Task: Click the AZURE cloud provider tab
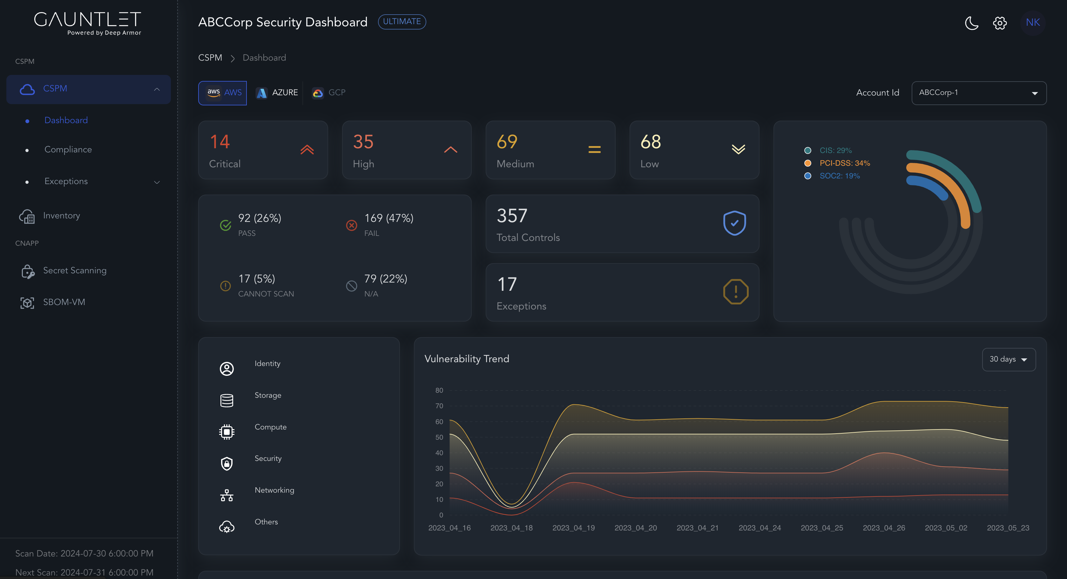coord(277,93)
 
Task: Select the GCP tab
coord(329,93)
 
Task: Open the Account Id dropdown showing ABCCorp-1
coord(978,93)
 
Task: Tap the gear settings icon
coord(999,23)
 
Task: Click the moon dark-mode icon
coord(971,23)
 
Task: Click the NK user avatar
coord(1033,22)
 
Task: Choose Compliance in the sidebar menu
coord(68,150)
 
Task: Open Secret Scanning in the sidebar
coord(75,270)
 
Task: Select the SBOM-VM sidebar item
coord(64,302)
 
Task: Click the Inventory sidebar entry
coord(61,216)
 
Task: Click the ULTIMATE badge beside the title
coord(402,22)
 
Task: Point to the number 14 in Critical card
coord(219,142)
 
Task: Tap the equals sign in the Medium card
coord(594,150)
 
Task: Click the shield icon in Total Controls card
coord(734,223)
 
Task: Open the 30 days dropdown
coord(1008,359)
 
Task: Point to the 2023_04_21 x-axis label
coord(697,528)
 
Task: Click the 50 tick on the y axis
coord(439,437)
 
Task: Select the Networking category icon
coord(226,495)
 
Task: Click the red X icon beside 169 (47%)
coord(351,225)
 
